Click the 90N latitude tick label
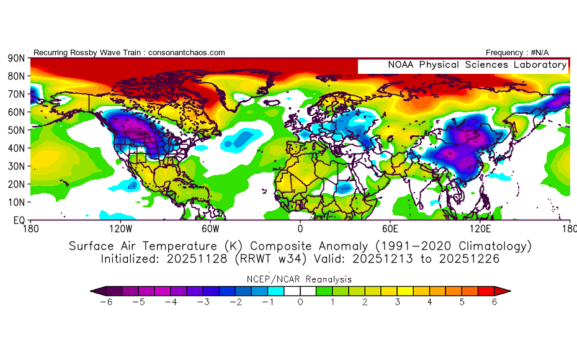pyautogui.click(x=16, y=58)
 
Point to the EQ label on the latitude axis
pyautogui.click(x=19, y=220)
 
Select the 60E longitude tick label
pyautogui.click(x=390, y=228)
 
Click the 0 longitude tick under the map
pyautogui.click(x=300, y=228)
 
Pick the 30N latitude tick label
pyautogui.click(x=16, y=166)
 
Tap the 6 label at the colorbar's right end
pyautogui.click(x=494, y=302)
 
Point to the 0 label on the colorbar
pyautogui.click(x=300, y=302)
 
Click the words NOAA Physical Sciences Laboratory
pyautogui.click(x=477, y=65)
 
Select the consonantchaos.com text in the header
pyautogui.click(x=186, y=53)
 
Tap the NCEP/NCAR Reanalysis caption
pyautogui.click(x=300, y=279)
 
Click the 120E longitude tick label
pyautogui.click(x=480, y=228)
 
